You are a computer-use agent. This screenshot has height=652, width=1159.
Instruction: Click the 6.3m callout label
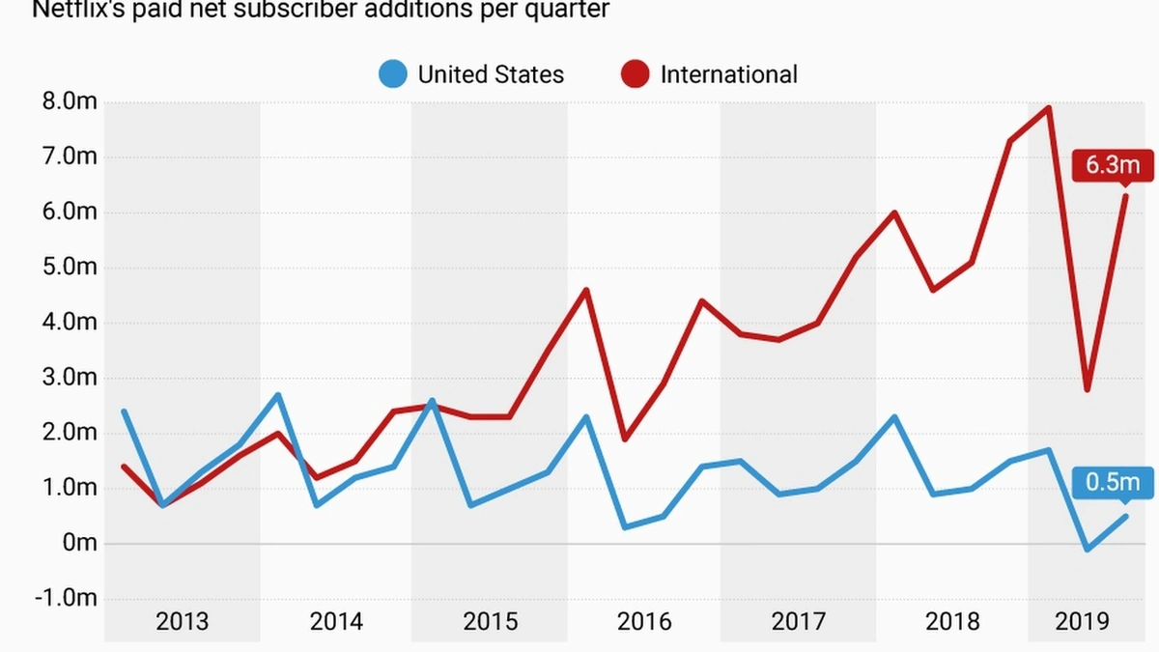1113,165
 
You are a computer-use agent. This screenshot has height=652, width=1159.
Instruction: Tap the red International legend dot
636,74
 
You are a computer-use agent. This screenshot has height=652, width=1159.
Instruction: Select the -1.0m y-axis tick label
67,598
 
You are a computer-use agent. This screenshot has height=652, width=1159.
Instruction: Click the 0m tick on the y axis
80,543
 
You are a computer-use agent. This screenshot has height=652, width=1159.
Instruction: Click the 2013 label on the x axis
182,620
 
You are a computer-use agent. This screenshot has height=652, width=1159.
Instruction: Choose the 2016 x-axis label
644,620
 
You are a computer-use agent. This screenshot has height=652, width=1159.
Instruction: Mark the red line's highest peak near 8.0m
1049,107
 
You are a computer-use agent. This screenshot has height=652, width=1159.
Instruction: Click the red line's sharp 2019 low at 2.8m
1088,389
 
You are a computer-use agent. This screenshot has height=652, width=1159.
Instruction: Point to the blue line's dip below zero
1088,550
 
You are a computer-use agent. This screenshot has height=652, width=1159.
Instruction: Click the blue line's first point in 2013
124,411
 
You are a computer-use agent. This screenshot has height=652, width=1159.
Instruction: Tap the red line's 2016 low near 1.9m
625,439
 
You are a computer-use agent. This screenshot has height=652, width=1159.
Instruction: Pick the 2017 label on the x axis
798,620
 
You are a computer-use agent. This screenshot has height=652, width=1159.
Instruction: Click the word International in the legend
728,74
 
